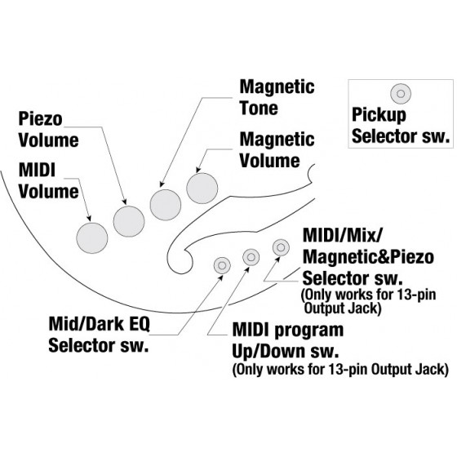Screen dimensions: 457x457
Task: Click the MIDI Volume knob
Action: pyautogui.click(x=92, y=237)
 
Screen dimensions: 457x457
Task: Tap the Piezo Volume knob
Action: pyautogui.click(x=129, y=221)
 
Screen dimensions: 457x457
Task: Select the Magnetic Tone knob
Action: pyautogui.click(x=166, y=205)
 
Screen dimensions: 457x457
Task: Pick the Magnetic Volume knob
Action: pyautogui.click(x=202, y=188)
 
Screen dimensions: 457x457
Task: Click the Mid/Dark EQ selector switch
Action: pyautogui.click(x=222, y=265)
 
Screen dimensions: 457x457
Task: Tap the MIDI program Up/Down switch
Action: pyautogui.click(x=251, y=257)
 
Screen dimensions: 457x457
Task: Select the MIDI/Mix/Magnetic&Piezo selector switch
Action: pyautogui.click(x=281, y=247)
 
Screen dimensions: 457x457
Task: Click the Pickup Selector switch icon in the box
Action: pyautogui.click(x=401, y=94)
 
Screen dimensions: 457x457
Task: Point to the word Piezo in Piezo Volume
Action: pyautogui.click(x=41, y=119)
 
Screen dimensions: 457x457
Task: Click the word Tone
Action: pyautogui.click(x=259, y=108)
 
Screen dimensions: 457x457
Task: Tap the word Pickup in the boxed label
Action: pyautogui.click(x=379, y=115)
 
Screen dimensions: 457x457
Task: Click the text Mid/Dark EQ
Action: pyautogui.click(x=99, y=324)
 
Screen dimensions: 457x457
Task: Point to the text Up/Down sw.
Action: pyautogui.click(x=286, y=351)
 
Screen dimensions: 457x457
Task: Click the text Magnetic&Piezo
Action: pyautogui.click(x=368, y=257)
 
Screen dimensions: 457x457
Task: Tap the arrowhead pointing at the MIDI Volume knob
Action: pyautogui.click(x=89, y=219)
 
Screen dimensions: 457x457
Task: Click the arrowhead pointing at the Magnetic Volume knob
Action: pyautogui.click(x=197, y=170)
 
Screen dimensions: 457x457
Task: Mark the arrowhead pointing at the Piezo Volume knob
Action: pyautogui.click(x=125, y=202)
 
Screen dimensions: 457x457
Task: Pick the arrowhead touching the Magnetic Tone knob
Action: pyautogui.click(x=162, y=184)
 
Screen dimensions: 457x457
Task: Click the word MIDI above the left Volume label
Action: pyautogui.click(x=37, y=171)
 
